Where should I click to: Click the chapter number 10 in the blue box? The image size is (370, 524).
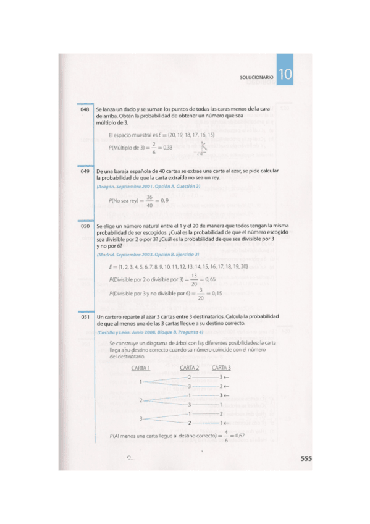pos(285,76)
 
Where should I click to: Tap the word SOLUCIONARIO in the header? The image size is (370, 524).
pos(256,77)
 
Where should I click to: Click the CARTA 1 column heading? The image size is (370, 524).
pos(141,368)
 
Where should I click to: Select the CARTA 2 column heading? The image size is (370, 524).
pos(190,368)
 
